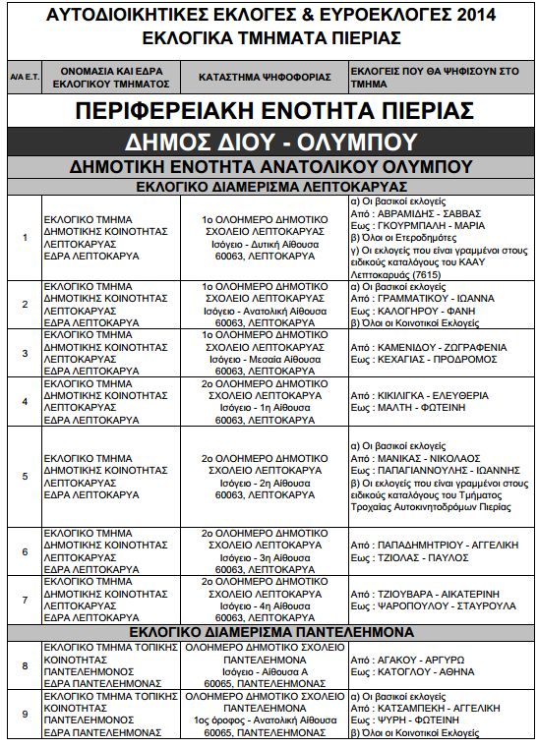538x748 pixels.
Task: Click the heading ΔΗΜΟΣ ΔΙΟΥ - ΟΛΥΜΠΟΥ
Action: click(x=269, y=141)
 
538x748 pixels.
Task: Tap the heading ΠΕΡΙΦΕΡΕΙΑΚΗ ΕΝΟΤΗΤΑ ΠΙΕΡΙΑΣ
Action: click(x=269, y=109)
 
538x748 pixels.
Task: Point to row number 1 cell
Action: click(x=25, y=237)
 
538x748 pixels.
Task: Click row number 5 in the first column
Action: click(x=25, y=477)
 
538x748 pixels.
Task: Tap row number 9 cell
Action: click(x=25, y=715)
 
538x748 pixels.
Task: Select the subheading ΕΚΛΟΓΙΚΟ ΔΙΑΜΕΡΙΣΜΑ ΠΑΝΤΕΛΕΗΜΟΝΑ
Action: click(x=269, y=631)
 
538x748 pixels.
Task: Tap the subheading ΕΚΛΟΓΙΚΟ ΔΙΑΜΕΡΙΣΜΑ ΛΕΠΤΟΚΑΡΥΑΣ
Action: click(x=269, y=187)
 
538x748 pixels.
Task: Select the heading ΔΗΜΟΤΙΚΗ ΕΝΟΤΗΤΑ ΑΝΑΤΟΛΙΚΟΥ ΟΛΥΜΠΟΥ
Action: click(x=269, y=166)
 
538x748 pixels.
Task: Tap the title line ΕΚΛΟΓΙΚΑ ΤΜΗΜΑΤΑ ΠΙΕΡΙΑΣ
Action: click(x=269, y=37)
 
